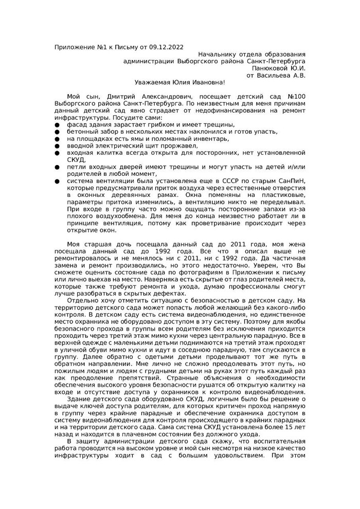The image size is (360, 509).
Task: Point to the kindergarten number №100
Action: (295, 96)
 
